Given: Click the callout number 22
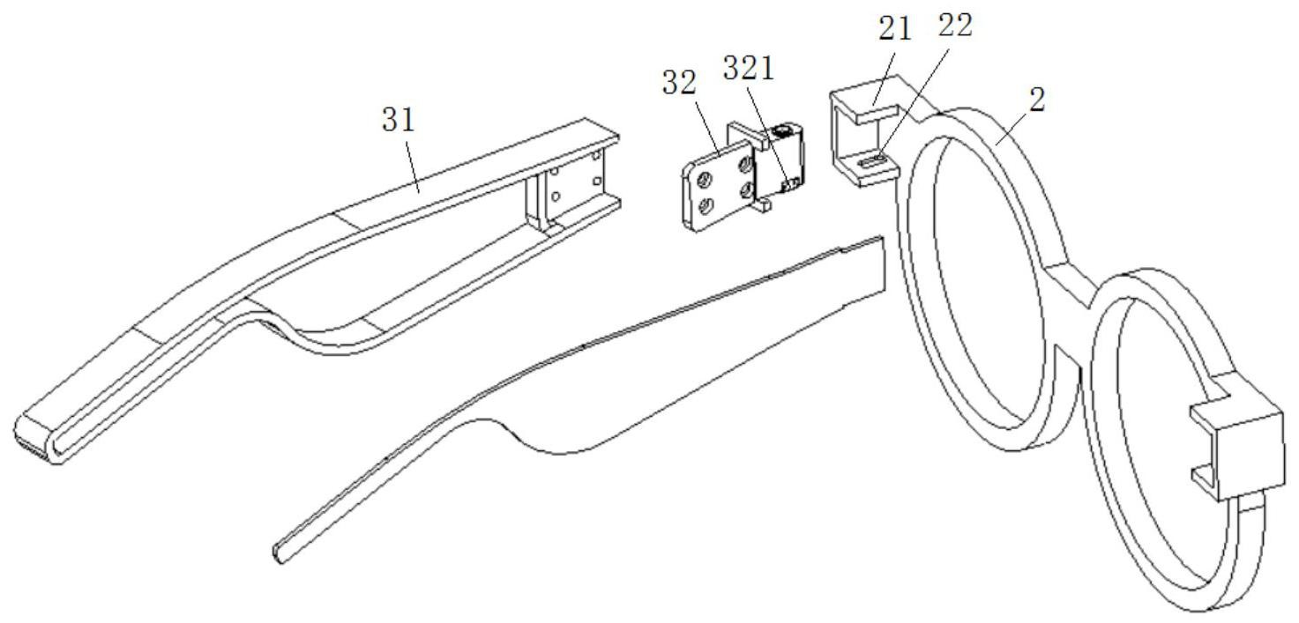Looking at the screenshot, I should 955,26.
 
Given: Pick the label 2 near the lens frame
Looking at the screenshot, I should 1037,100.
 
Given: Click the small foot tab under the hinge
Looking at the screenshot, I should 764,207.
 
